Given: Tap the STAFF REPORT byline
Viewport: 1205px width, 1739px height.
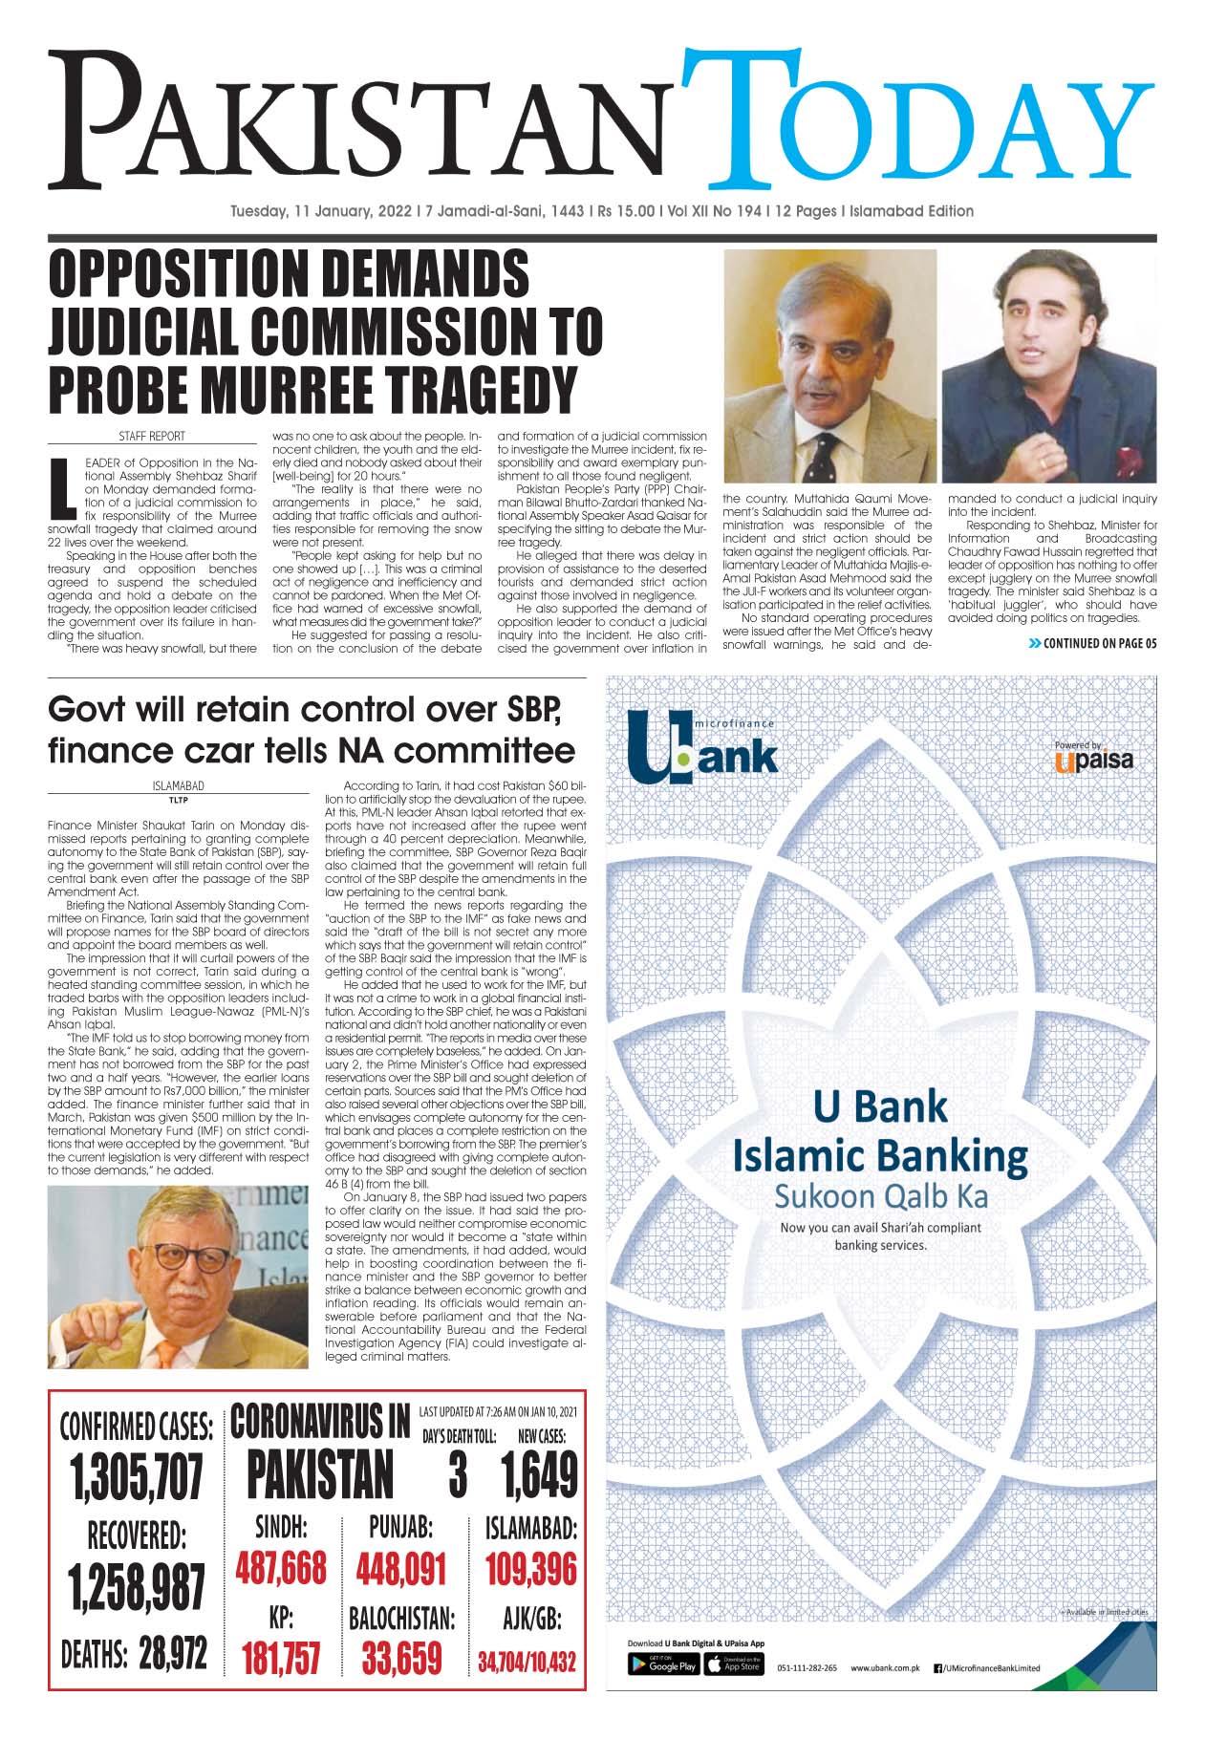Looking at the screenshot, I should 152,436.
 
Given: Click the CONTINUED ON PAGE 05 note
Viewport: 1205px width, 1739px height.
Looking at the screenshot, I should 1091,643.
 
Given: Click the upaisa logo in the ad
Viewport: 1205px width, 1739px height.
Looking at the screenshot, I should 1093,759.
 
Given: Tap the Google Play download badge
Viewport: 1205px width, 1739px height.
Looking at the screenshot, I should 663,1690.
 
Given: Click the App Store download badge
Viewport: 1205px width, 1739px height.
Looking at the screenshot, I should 734,1690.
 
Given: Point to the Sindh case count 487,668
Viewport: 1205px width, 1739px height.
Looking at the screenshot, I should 280,1569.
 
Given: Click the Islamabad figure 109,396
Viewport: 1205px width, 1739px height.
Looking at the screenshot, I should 530,1569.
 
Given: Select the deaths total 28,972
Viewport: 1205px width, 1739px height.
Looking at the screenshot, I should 172,1653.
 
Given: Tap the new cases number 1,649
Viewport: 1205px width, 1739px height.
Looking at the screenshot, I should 539,1475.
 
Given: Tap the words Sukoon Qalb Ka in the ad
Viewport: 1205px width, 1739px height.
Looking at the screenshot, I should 879,1196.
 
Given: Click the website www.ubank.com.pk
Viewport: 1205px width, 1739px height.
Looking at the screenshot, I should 884,1695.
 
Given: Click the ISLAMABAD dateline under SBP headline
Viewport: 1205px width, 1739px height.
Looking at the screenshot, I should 178,786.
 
